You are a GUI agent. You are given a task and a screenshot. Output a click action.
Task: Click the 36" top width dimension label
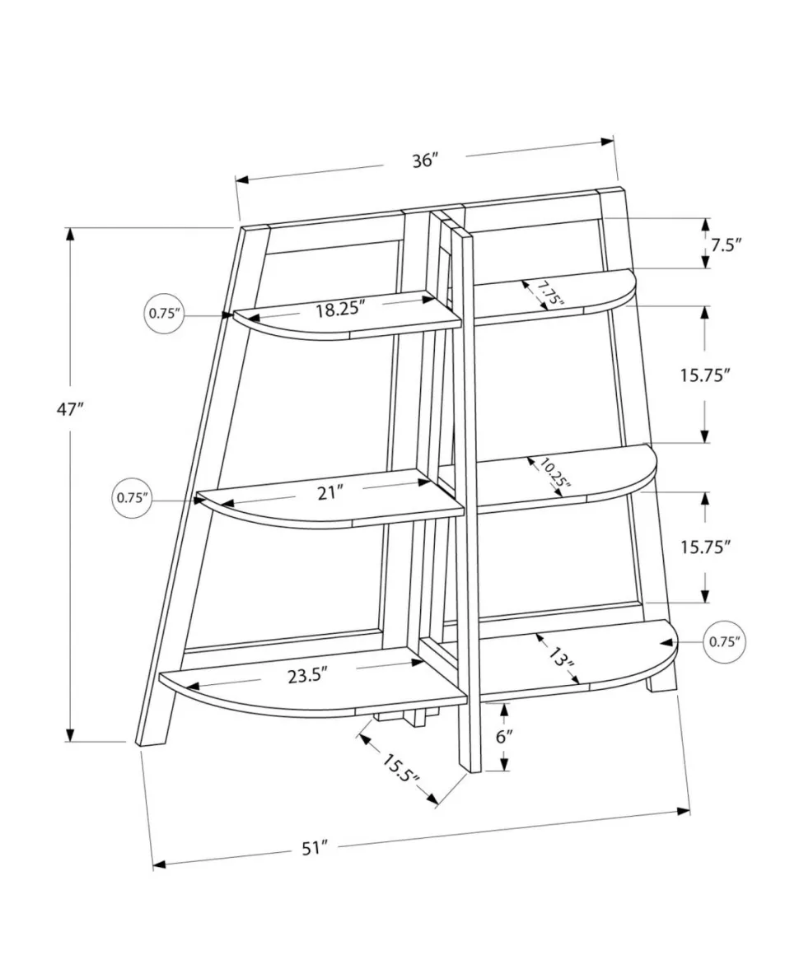(425, 161)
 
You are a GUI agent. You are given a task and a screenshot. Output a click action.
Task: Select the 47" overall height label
(70, 409)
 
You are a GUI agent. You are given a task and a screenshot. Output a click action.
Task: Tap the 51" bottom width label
(314, 849)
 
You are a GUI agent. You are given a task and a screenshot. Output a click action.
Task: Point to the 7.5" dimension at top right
(726, 245)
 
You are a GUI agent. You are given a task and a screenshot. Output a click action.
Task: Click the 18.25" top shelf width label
(341, 309)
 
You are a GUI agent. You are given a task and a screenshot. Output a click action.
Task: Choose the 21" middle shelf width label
(329, 493)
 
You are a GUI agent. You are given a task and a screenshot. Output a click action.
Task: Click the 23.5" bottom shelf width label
(306, 675)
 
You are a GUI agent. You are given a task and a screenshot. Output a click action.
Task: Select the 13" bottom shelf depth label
(561, 659)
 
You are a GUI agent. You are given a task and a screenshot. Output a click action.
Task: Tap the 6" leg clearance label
(505, 737)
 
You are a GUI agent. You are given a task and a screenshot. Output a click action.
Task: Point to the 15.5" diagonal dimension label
(399, 769)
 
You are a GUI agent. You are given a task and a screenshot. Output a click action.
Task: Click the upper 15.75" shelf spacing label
(706, 375)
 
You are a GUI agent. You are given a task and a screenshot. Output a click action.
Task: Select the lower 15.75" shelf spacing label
(706, 547)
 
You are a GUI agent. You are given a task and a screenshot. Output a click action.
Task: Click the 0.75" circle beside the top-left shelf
(164, 314)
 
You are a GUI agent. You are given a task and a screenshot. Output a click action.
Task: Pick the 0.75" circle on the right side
(724, 642)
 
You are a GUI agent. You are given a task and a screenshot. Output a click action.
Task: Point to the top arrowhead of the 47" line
(71, 235)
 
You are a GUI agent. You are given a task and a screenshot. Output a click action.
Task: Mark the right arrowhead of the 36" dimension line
(607, 142)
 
